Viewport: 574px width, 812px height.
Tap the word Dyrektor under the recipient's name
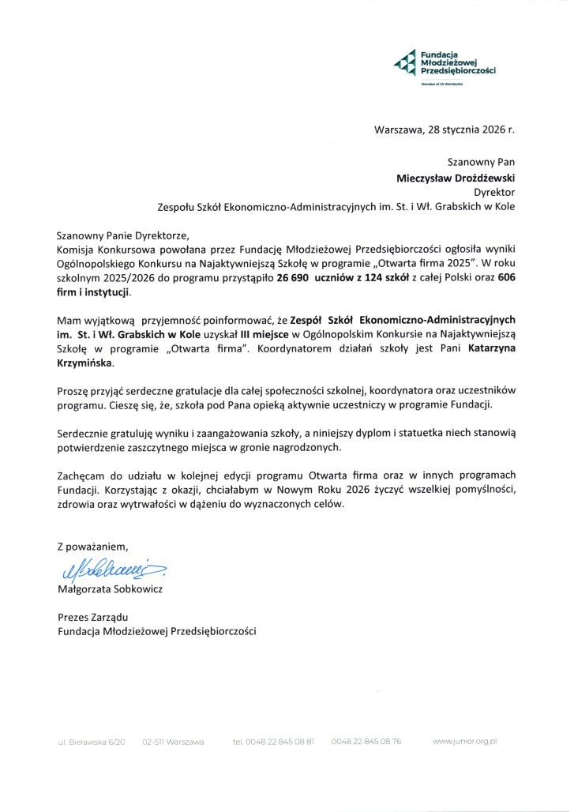[494, 192]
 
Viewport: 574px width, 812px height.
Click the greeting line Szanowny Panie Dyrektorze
[124, 235]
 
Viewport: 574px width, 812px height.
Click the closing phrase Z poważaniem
[92, 546]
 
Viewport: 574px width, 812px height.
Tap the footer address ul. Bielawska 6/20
[91, 742]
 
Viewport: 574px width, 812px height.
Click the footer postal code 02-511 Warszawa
[173, 742]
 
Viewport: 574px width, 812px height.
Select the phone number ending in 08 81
[274, 742]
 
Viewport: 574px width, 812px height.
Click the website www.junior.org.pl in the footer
[465, 742]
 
